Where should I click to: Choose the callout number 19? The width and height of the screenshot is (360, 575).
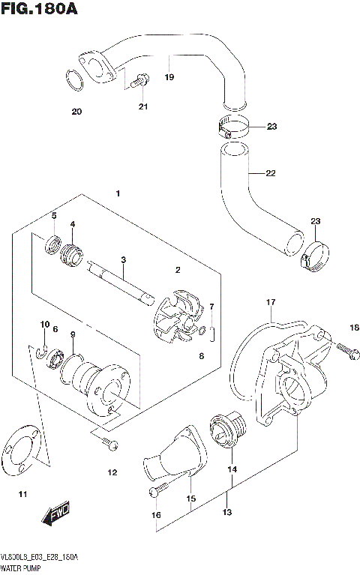coord(169,77)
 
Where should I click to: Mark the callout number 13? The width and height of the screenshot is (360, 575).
coord(227,512)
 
